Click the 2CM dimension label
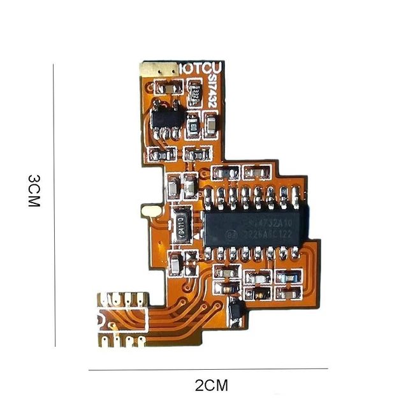[210, 386]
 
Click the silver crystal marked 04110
[182, 224]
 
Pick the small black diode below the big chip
[235, 309]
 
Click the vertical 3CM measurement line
[54, 204]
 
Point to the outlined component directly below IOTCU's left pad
[168, 87]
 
